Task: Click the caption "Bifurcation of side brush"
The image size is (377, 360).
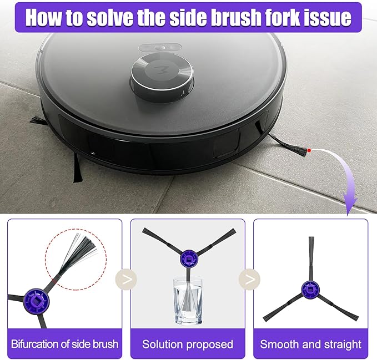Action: tap(64, 344)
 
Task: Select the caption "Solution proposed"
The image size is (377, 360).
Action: tap(188, 344)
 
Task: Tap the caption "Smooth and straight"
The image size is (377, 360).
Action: tap(310, 344)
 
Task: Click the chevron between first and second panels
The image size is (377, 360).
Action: tap(127, 278)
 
